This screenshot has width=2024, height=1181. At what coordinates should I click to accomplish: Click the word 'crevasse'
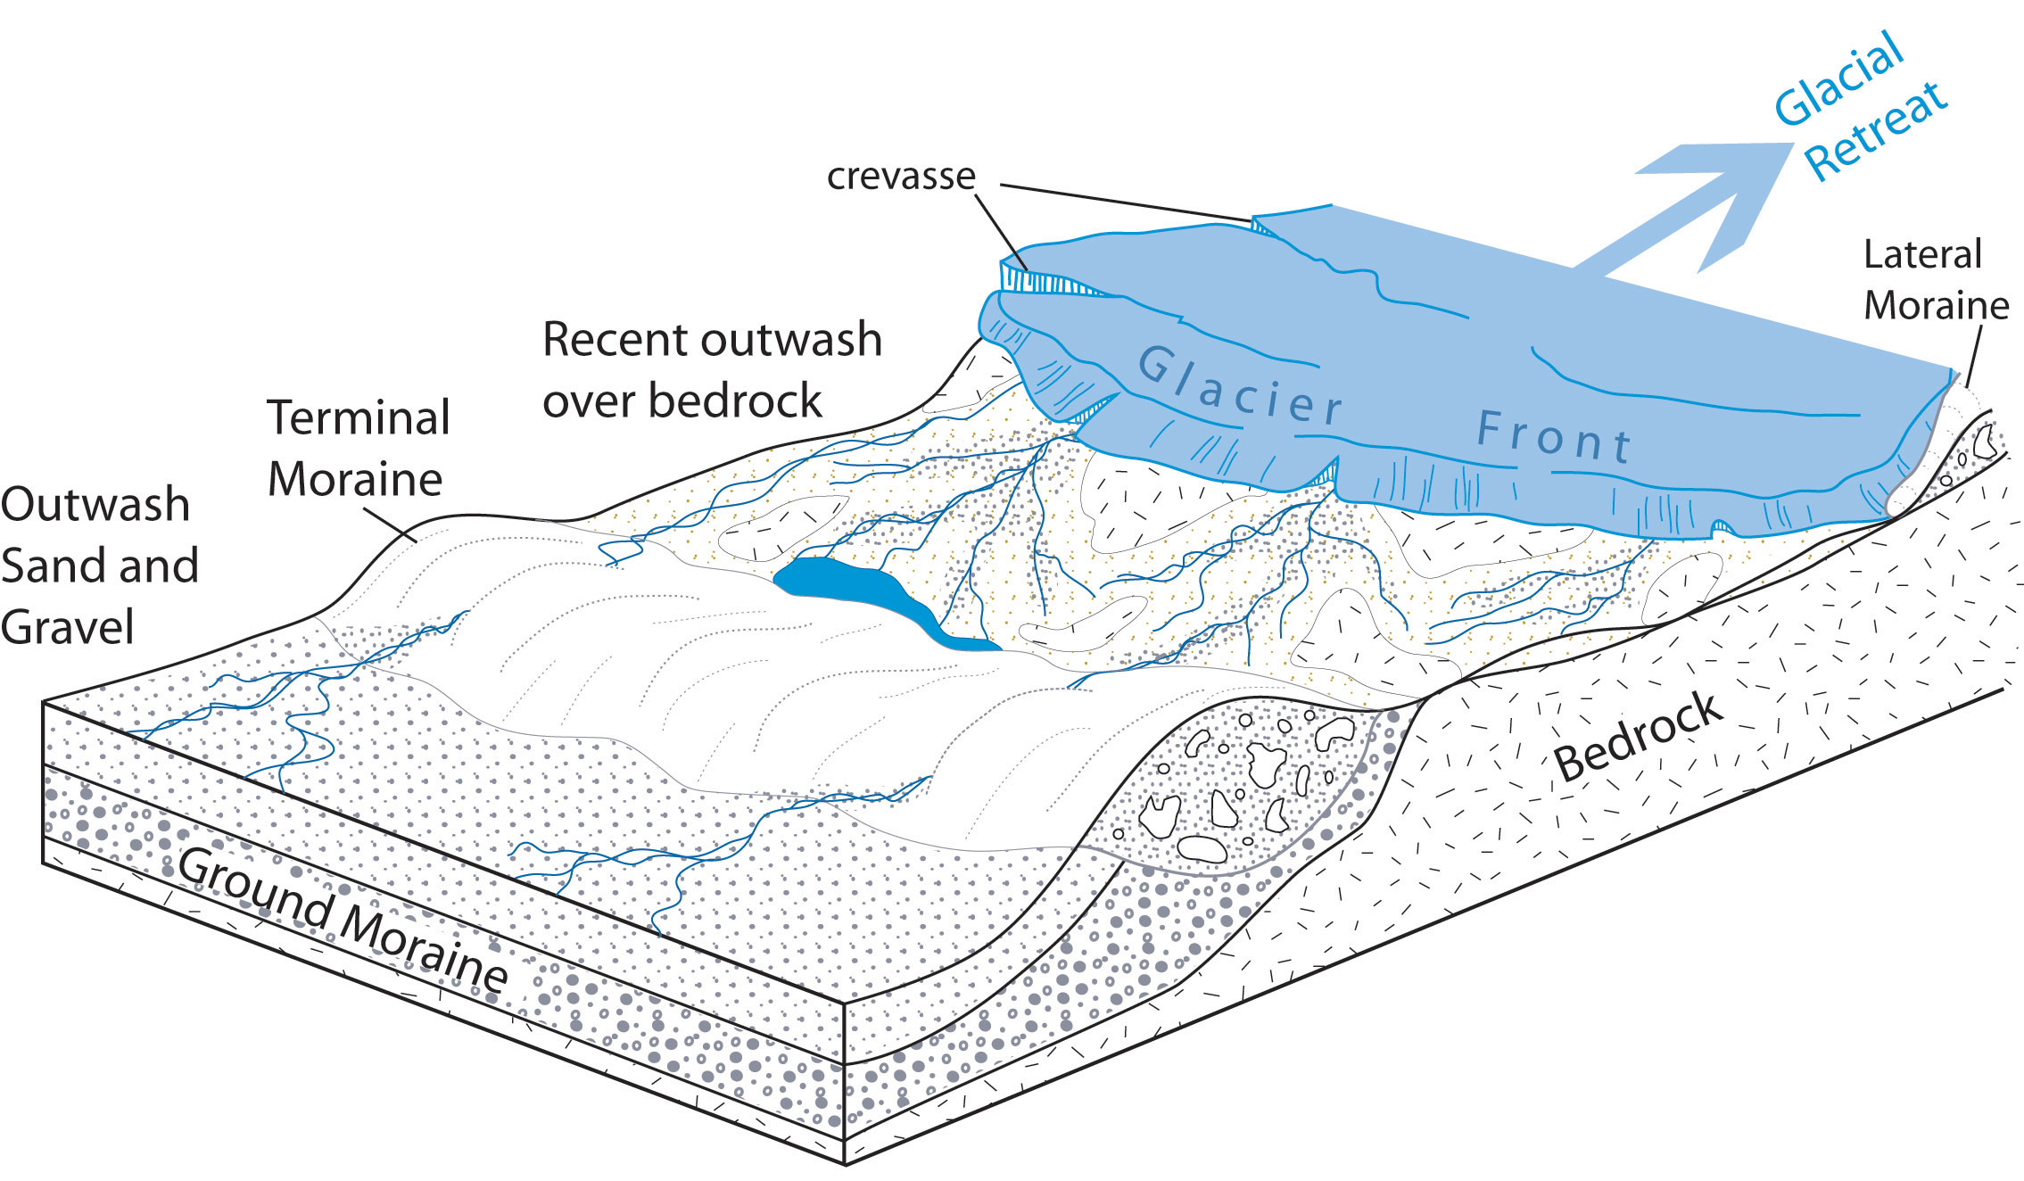900,177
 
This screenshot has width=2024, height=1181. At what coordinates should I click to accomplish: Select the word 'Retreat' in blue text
1875,131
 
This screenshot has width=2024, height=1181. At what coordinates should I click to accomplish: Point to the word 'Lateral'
1922,254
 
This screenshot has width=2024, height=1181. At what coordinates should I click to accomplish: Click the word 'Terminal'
359,418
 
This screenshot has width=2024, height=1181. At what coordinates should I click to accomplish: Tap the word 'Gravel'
67,627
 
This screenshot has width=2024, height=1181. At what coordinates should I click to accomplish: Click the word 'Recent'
615,340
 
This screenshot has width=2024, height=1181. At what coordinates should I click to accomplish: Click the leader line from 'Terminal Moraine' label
390,524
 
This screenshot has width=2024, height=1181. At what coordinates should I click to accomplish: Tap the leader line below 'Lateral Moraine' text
1973,356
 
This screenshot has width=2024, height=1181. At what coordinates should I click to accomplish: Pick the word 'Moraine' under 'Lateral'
1936,306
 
